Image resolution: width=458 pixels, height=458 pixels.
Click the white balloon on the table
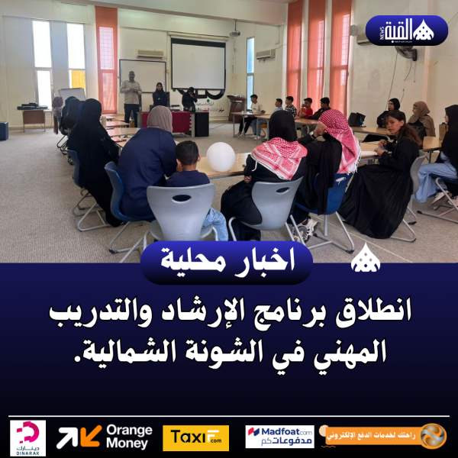[221, 156]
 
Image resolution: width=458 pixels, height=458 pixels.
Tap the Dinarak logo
[27, 437]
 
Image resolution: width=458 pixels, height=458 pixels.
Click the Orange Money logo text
[128, 437]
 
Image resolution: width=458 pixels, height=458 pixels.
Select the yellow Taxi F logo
[195, 437]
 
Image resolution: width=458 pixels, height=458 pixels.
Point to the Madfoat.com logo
[279, 437]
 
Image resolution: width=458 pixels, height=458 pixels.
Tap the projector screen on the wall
[198, 65]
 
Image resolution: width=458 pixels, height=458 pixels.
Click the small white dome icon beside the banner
[364, 262]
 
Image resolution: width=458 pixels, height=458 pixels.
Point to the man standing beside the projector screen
[132, 98]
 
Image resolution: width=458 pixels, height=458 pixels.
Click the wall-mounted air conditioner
[265, 54]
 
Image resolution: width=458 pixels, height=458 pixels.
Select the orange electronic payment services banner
[385, 436]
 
